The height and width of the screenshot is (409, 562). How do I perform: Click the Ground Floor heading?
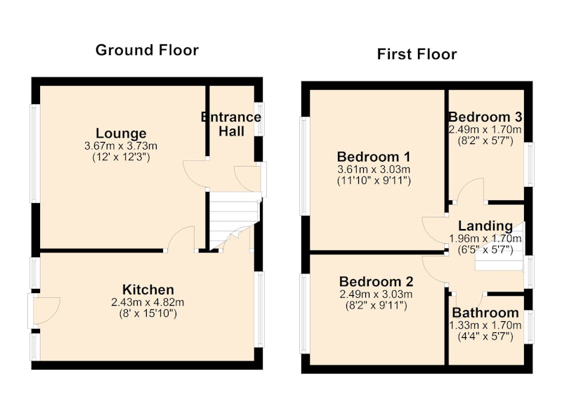[147, 50]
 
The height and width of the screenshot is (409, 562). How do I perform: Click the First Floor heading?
[417, 54]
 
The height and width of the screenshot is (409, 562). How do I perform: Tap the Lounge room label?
[121, 134]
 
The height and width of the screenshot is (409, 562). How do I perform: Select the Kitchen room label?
[148, 290]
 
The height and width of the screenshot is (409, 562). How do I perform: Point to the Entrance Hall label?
[231, 124]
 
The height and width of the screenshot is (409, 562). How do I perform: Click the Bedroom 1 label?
[374, 157]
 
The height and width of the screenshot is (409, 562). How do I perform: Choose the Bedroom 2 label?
[376, 281]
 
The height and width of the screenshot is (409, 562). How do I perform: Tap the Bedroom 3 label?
[485, 117]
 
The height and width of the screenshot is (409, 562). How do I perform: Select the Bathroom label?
[485, 313]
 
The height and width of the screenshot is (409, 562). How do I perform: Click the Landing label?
[485, 226]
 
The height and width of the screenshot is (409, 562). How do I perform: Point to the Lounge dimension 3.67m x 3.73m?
[121, 146]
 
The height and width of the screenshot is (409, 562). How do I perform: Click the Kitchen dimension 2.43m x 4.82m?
[148, 302]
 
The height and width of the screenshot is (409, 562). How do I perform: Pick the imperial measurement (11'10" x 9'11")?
[374, 181]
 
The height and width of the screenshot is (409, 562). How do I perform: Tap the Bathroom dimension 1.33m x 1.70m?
[485, 325]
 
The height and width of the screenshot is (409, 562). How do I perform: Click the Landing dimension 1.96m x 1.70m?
[485, 238]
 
